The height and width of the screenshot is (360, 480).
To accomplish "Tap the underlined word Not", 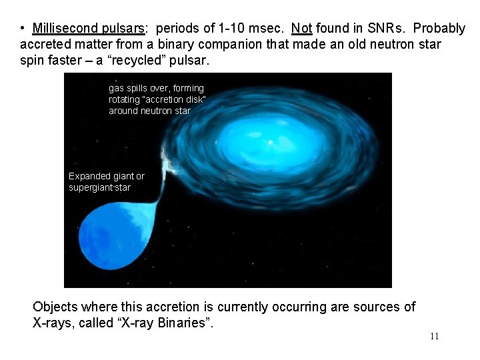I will click(x=301, y=29).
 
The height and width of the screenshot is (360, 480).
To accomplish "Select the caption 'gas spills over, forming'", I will click(x=156, y=88).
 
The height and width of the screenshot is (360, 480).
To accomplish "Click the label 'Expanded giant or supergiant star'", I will click(x=106, y=181).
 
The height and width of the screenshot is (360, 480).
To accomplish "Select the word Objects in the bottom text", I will click(x=55, y=307).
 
